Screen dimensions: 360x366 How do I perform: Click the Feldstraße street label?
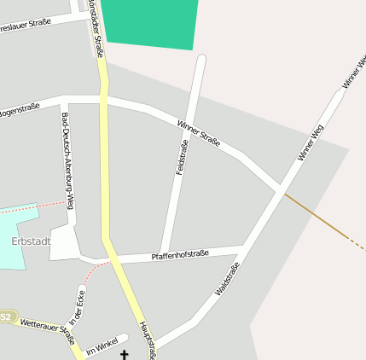pyautogui.click(x=181, y=157)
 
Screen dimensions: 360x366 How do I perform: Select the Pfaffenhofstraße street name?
pyautogui.click(x=180, y=255)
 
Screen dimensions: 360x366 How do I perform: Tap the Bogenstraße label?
pyautogui.click(x=19, y=110)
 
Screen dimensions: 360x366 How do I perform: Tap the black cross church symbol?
pyautogui.click(x=125, y=354)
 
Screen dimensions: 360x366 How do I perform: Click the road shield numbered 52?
pyautogui.click(x=6, y=316)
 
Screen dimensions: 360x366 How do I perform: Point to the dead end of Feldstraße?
pyautogui.click(x=201, y=59)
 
